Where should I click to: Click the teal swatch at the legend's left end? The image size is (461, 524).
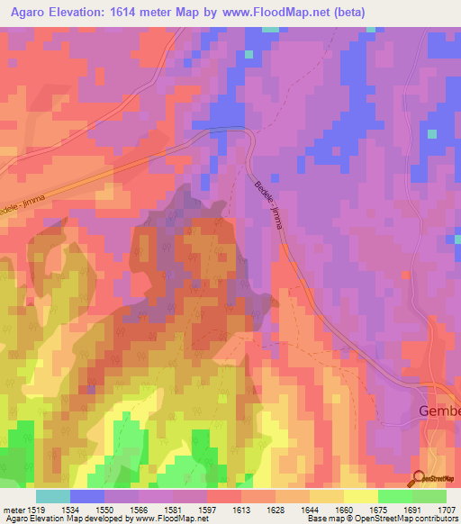pos(53,496)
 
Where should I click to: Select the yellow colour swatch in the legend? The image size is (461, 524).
pos(360,496)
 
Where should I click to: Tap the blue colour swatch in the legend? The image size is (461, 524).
pos(87,496)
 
